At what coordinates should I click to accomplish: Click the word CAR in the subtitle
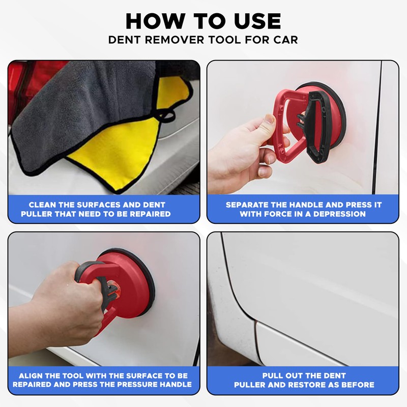[285, 40]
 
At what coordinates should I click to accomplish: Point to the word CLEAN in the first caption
[42, 205]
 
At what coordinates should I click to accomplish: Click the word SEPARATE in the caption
[247, 205]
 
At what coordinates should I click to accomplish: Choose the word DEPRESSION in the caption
[339, 214]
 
